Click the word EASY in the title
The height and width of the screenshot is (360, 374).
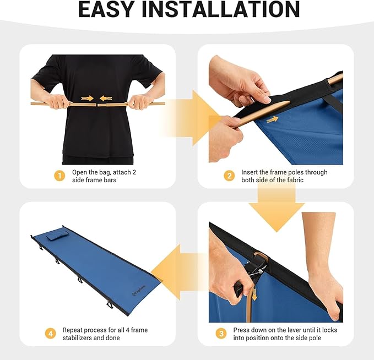[x=106, y=9]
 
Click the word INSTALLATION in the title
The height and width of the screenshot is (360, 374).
[x=221, y=9]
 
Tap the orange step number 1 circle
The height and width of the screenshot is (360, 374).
[x=59, y=176]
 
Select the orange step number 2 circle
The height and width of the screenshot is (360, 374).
[x=229, y=176]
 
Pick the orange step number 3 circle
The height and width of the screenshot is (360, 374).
[x=221, y=333]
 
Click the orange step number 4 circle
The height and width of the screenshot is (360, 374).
[x=51, y=333]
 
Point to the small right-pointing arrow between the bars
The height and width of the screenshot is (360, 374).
[x=87, y=98]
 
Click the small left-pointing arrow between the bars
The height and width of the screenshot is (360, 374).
[x=106, y=98]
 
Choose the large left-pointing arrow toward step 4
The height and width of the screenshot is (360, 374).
[x=179, y=272]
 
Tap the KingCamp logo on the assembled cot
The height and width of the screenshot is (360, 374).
[x=139, y=291]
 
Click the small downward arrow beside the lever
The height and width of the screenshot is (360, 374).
[x=254, y=294]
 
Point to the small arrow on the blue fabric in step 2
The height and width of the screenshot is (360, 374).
[x=272, y=119]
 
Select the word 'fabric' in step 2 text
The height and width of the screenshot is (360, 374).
[x=295, y=180]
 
